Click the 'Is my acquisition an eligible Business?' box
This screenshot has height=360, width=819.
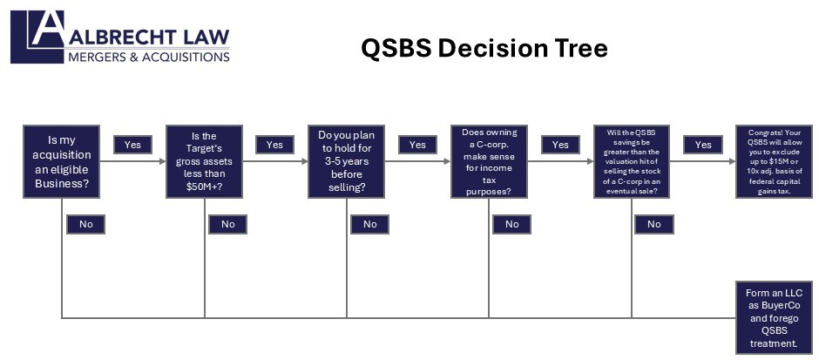(62, 162)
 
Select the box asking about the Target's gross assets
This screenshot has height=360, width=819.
(205, 162)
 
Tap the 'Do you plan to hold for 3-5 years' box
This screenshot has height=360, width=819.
(347, 162)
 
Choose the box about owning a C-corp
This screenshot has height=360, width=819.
(489, 162)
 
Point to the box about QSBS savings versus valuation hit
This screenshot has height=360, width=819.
(631, 162)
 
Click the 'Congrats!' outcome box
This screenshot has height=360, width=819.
(772, 162)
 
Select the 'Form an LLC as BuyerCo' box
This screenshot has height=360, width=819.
(774, 317)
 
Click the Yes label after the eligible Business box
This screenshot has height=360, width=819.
(132, 145)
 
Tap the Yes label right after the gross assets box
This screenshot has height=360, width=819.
(274, 145)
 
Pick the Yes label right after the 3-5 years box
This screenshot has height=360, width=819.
(417, 145)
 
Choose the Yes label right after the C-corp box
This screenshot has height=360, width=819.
(560, 145)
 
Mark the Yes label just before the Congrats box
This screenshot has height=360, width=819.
(702, 145)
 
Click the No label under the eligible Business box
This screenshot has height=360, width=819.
(85, 224)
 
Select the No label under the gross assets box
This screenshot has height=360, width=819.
(227, 224)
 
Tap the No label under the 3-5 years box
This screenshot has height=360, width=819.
(369, 224)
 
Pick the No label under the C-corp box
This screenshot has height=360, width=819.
(511, 224)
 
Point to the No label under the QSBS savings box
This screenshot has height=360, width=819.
(653, 224)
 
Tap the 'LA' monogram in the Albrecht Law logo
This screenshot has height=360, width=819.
(39, 36)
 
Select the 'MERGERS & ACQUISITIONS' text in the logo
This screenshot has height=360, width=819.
(149, 57)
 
